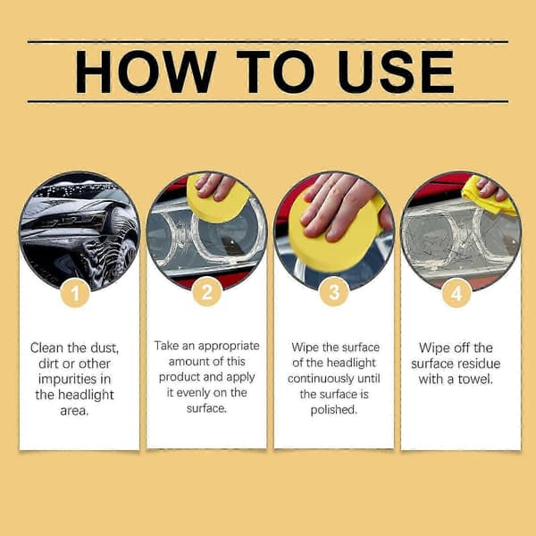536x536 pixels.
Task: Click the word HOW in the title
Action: pos(146,71)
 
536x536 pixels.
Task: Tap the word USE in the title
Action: pos(396,71)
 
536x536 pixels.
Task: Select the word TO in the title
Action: pos(275,71)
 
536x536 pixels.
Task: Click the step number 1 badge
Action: pos(75,293)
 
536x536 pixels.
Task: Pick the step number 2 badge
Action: pos(207,292)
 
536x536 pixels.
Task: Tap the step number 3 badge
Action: pos(334,292)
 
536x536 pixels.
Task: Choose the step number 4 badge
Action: pos(456,293)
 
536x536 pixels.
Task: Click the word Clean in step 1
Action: pos(46,348)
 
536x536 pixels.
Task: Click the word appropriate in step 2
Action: pos(229,346)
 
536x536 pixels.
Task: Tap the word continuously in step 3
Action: pos(321,379)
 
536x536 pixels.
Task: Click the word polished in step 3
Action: pos(333,409)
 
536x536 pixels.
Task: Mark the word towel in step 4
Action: pos(475,379)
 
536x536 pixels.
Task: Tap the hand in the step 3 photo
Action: pos(342,205)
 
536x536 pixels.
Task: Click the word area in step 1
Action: pos(74,411)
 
